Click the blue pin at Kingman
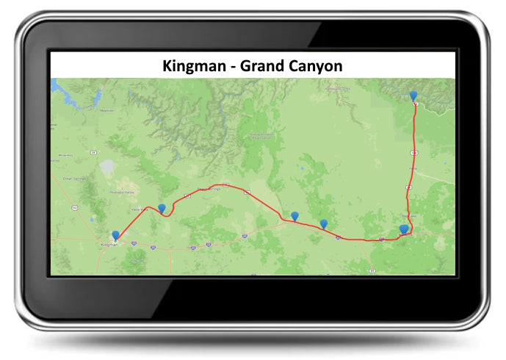pyautogui.click(x=115, y=235)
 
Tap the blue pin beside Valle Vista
pyautogui.click(x=162, y=208)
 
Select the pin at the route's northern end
pyautogui.click(x=413, y=96)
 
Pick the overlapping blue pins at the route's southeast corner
pyautogui.click(x=404, y=230)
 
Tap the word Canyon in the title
pyautogui.click(x=316, y=65)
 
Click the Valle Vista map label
pyautogui.click(x=136, y=209)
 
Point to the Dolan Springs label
pyautogui.click(x=75, y=179)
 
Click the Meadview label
pyautogui.click(x=107, y=110)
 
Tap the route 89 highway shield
pyautogui.click(x=372, y=270)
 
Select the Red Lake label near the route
pyautogui.click(x=412, y=216)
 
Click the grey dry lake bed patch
pyautogui.click(x=107, y=168)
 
